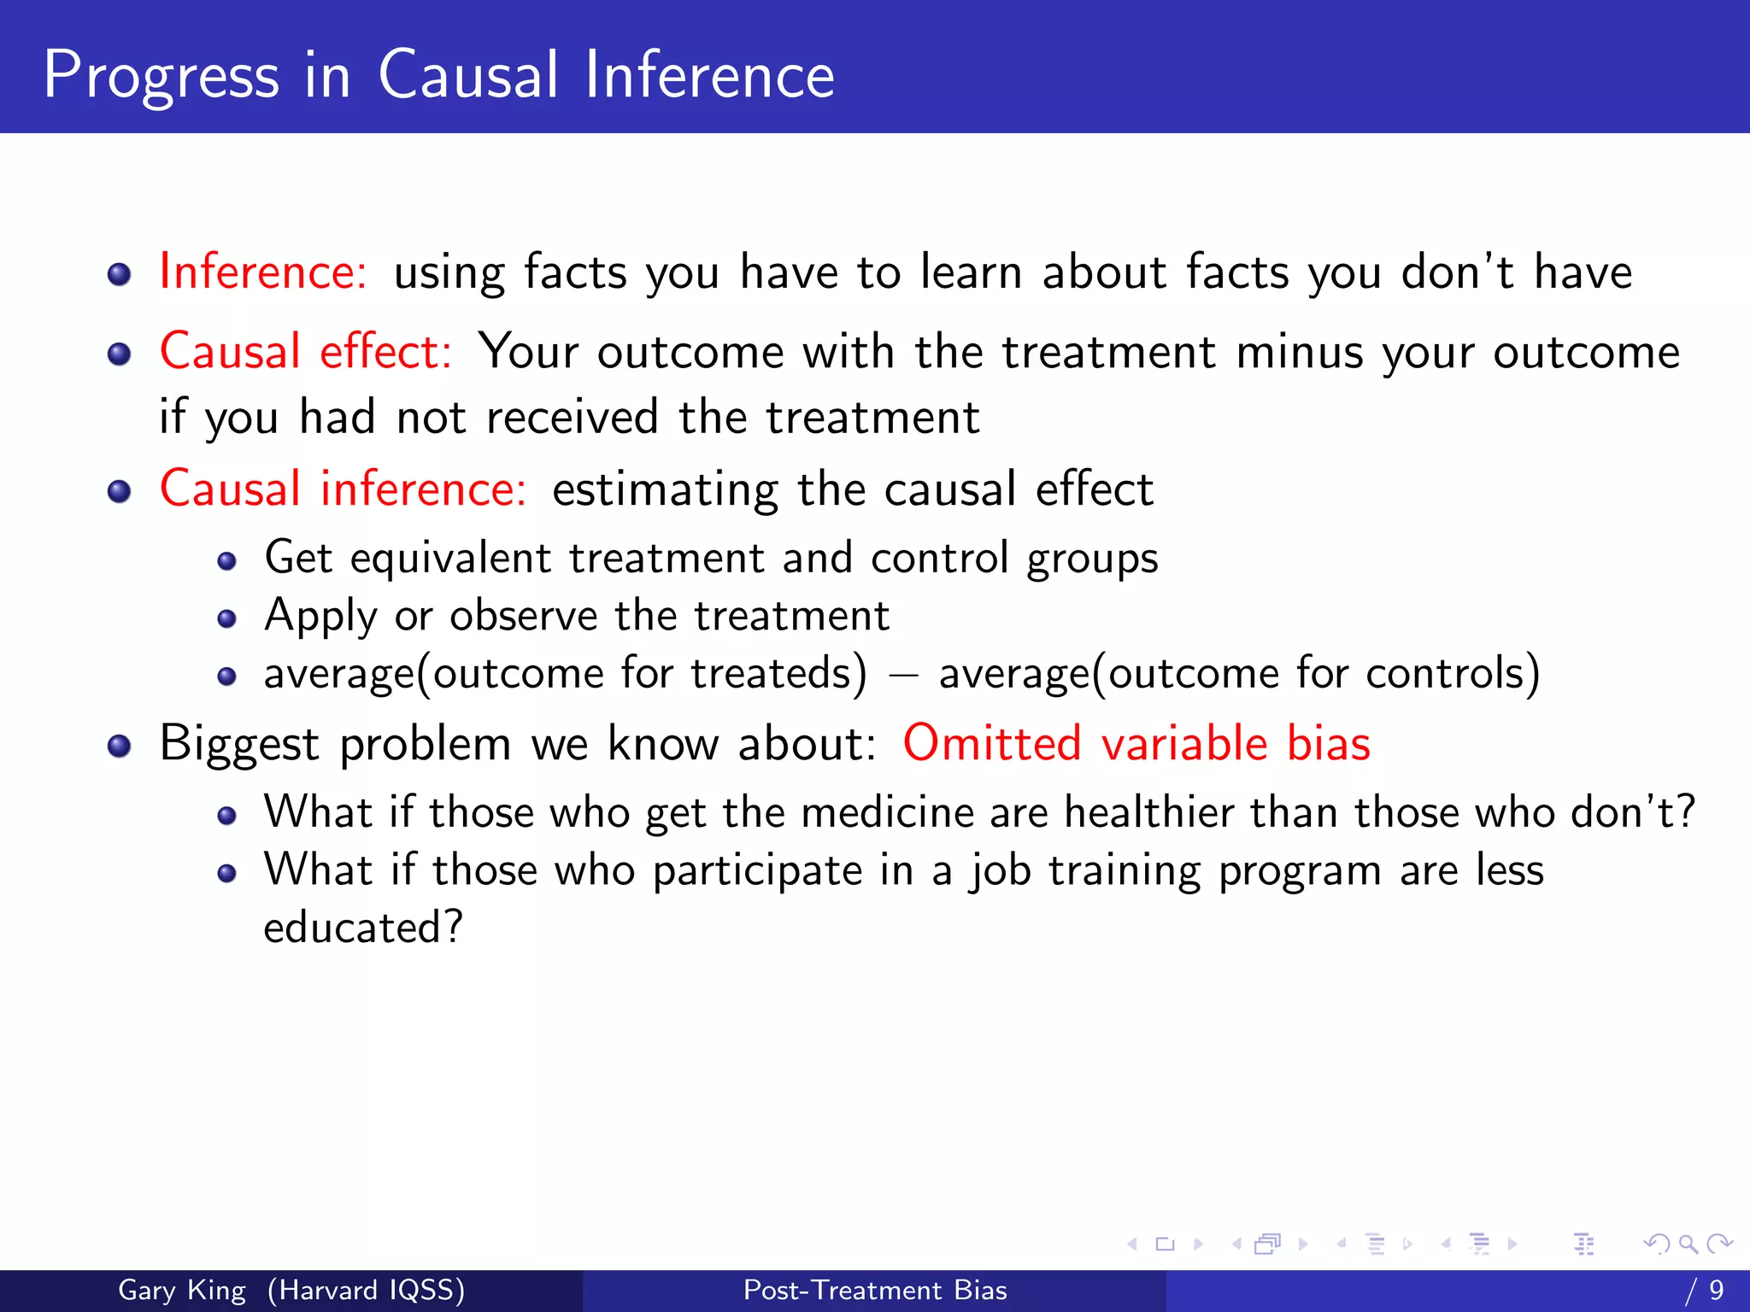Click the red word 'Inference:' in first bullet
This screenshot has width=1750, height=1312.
[x=263, y=272]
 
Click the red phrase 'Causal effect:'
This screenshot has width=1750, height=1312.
[x=306, y=352]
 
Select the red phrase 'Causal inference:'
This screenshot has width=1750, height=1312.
[x=343, y=489]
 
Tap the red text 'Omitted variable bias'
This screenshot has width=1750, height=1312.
[x=1136, y=743]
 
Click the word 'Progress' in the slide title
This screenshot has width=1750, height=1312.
[x=161, y=77]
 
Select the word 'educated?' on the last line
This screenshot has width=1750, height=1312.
[x=363, y=928]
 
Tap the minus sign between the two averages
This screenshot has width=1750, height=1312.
[x=902, y=675]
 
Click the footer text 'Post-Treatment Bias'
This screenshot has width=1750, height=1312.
[x=875, y=1290]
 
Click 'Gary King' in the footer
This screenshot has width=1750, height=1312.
[x=182, y=1290]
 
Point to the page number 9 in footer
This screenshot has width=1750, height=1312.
[x=1716, y=1290]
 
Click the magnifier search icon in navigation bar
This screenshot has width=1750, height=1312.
[x=1688, y=1244]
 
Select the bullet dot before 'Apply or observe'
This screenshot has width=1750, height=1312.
[x=226, y=618]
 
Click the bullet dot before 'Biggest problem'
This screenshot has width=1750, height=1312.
[x=120, y=746]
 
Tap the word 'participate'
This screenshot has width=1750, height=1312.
[x=757, y=871]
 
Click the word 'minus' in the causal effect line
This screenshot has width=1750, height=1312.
[x=1299, y=353]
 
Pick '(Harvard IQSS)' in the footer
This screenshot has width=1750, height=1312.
[x=366, y=1290]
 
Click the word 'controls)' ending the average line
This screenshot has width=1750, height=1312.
[x=1453, y=674]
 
